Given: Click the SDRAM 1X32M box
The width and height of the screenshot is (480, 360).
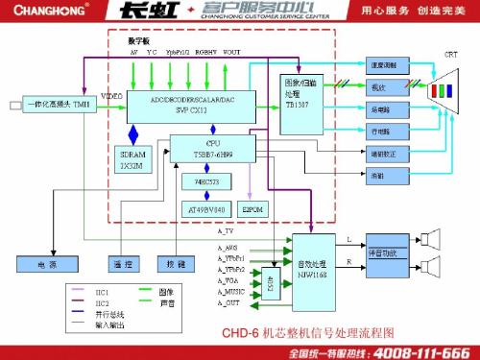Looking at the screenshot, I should click(132, 158).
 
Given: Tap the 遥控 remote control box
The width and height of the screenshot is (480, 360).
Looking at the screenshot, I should click(122, 262).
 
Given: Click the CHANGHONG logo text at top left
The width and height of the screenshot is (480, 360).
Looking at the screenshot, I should click(46, 13).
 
